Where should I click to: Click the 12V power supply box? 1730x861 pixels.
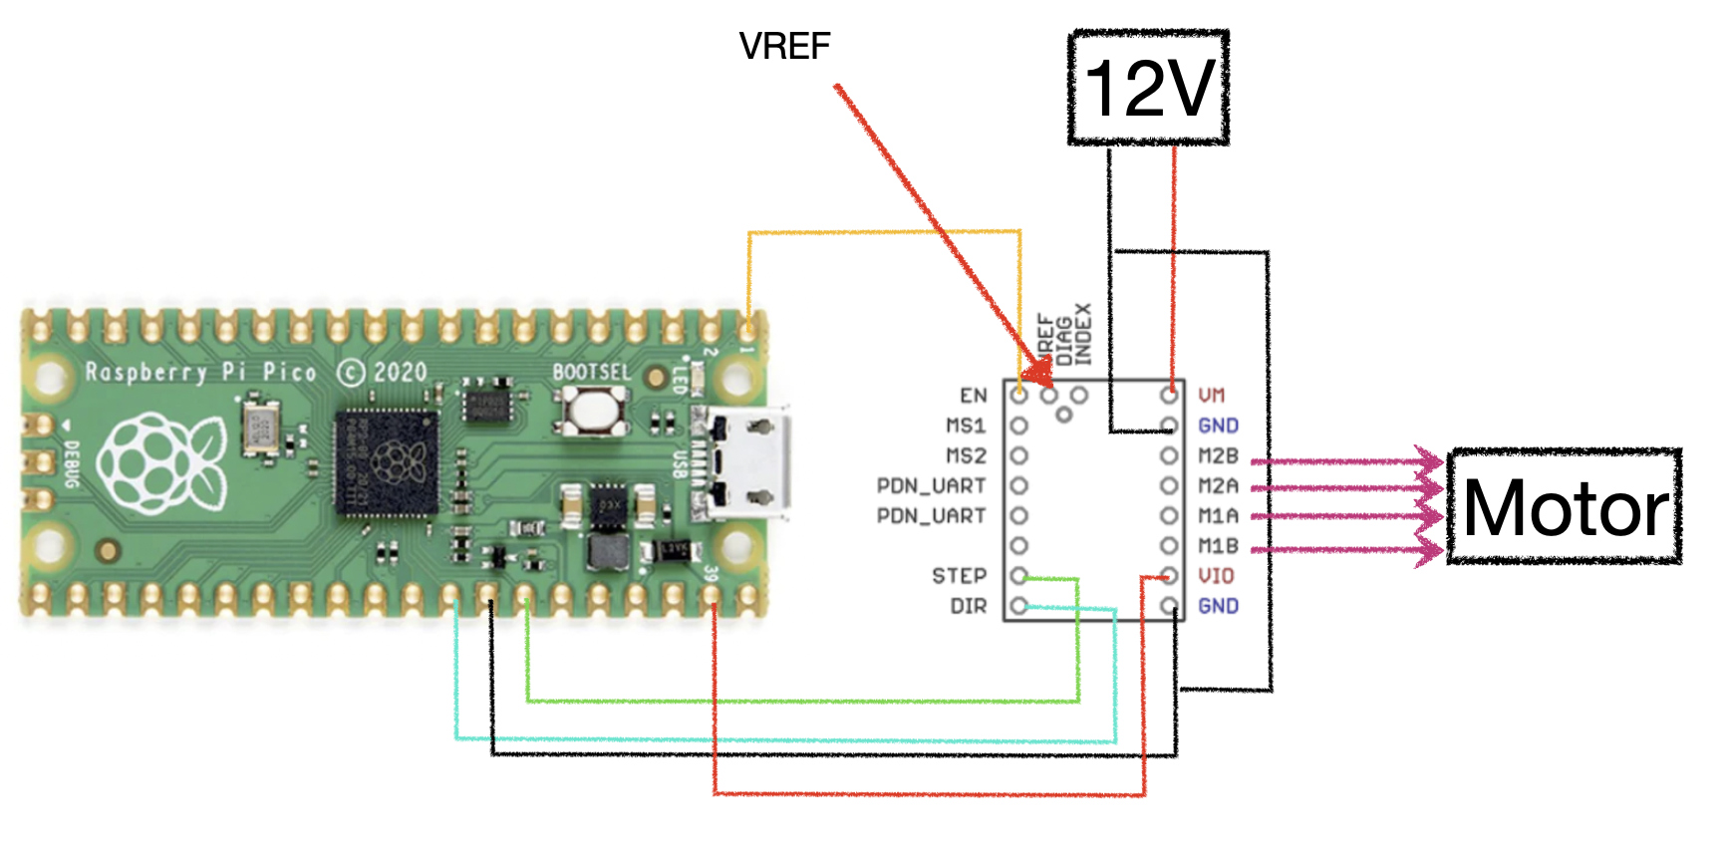[x=1148, y=88]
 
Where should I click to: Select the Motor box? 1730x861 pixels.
[x=1565, y=507]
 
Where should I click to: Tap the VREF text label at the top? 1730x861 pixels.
[x=784, y=46]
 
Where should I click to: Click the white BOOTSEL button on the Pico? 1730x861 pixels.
[x=594, y=409]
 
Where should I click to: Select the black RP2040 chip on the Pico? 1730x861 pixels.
[x=388, y=461]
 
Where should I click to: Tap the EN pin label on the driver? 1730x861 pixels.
[x=974, y=396]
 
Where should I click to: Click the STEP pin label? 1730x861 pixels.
[x=959, y=576]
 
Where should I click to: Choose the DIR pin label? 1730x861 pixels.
[x=968, y=606]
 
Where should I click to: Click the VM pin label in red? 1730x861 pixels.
[x=1212, y=396]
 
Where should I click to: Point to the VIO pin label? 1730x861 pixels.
[x=1216, y=576]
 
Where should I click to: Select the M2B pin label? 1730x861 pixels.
[x=1218, y=456]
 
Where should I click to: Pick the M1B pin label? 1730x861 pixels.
[x=1218, y=546]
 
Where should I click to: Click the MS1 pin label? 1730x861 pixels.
[x=966, y=426]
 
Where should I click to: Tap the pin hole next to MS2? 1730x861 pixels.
[x=1018, y=456]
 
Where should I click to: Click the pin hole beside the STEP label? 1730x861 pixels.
[x=1018, y=576]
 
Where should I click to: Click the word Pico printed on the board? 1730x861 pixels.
[x=289, y=372]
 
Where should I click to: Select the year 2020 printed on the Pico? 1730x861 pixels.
[x=400, y=372]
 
